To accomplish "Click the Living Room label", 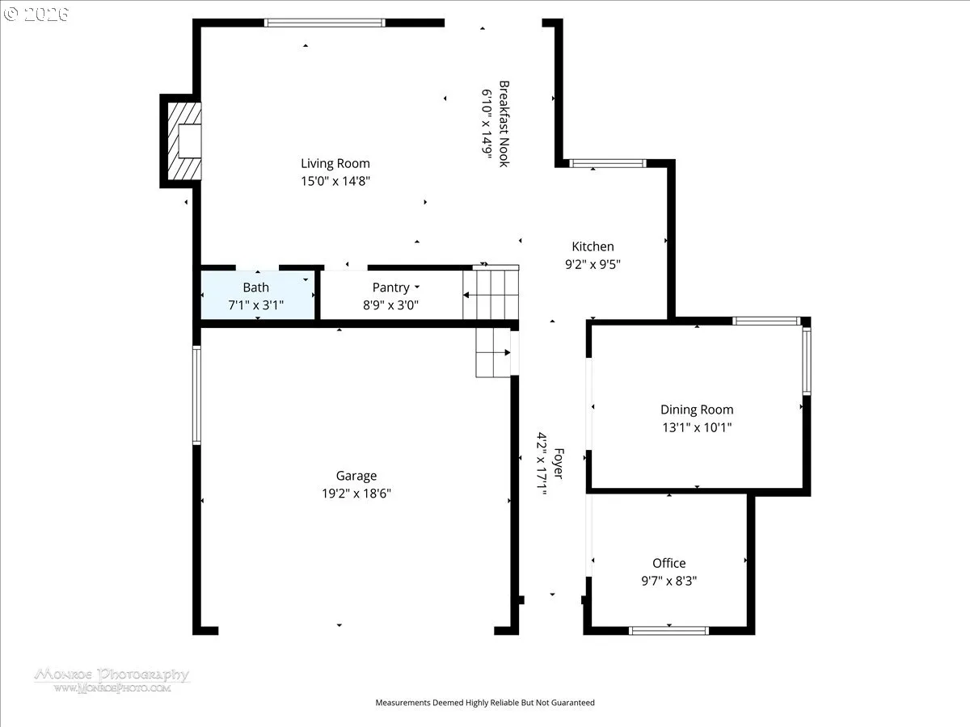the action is point(335,163).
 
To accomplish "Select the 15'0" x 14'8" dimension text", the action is point(335,181).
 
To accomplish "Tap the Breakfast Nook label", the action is point(504,124).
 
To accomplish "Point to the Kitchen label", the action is point(593,246).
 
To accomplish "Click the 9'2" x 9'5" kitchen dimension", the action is point(593,264).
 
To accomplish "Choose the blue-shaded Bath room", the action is point(258,295).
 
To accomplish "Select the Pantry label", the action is point(390,288).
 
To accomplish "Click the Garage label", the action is point(356,476).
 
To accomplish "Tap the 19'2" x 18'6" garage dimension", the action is point(356,493).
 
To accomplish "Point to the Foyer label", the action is point(559,464).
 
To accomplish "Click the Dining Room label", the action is point(697,410).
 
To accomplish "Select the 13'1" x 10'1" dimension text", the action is point(697,427).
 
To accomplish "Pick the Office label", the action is point(669,563).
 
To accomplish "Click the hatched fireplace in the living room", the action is point(184,141).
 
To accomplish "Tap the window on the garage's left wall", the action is point(196,396).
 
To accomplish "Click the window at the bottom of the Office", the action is point(669,631).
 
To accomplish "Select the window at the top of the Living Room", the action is point(325,23).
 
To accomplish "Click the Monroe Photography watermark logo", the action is point(112,680).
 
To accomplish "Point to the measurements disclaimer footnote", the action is point(485,702).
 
